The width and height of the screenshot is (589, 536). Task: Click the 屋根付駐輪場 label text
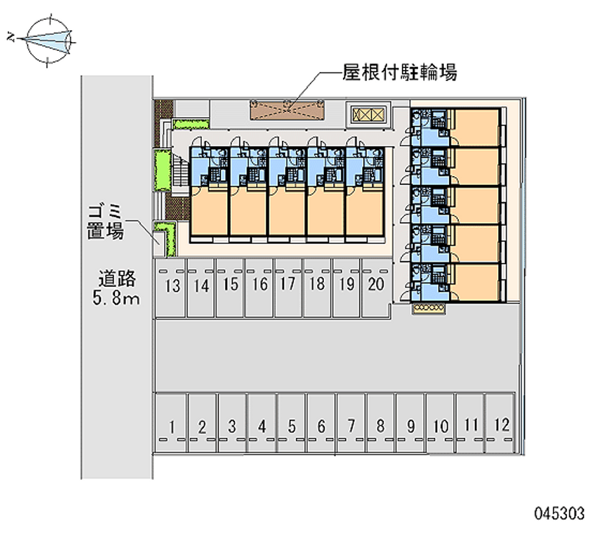(x=399, y=72)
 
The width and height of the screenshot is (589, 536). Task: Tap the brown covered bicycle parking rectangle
(x=287, y=110)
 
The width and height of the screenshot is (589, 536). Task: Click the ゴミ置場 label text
(x=105, y=223)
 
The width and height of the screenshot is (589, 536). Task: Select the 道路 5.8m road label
(x=116, y=288)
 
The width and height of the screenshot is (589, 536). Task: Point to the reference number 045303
(x=560, y=513)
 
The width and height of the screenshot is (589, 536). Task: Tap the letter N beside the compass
(x=11, y=37)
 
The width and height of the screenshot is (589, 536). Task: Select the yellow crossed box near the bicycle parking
(x=369, y=114)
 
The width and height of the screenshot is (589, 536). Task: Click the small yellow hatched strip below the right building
(x=428, y=307)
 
